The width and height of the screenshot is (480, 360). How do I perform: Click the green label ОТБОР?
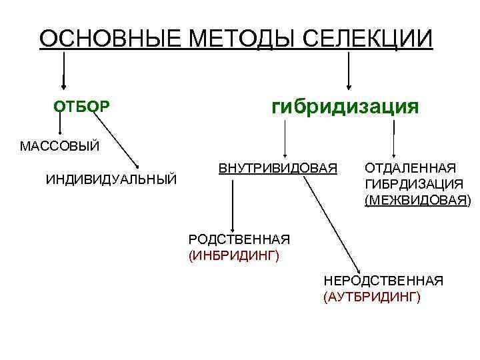point(82,107)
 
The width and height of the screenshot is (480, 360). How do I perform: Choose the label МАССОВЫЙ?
point(59,146)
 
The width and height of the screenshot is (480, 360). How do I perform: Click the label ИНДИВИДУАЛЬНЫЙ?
point(111,179)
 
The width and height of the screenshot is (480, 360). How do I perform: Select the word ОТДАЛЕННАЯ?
point(410,167)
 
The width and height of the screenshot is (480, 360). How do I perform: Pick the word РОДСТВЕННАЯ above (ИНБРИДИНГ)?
point(239,239)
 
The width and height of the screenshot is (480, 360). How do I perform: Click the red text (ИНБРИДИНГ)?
point(233,255)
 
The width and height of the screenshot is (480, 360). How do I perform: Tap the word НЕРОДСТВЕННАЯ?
point(383,281)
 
